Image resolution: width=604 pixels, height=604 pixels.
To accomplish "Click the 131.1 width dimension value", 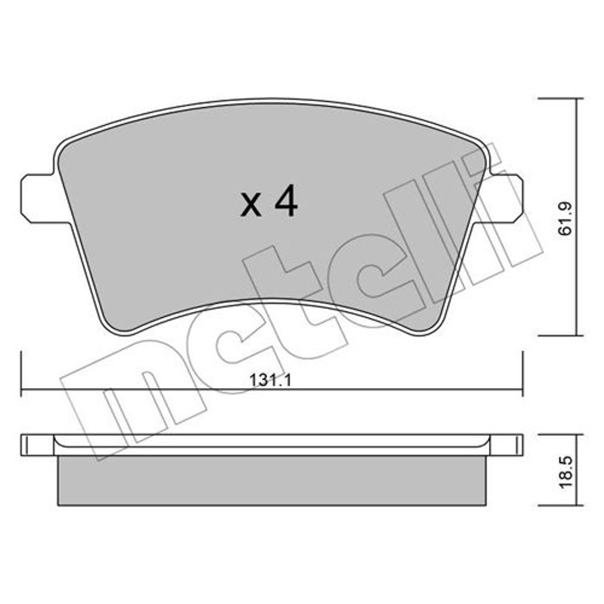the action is (271, 380).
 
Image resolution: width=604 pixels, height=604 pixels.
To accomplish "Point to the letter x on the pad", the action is (251, 206).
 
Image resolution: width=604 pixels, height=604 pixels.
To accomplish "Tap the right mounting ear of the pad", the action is (504, 199).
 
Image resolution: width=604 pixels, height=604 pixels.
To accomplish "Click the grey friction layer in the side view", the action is (272, 480).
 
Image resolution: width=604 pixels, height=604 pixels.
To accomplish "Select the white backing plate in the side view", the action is (272, 445).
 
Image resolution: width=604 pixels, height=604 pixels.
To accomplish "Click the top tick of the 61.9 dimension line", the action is (561, 98).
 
